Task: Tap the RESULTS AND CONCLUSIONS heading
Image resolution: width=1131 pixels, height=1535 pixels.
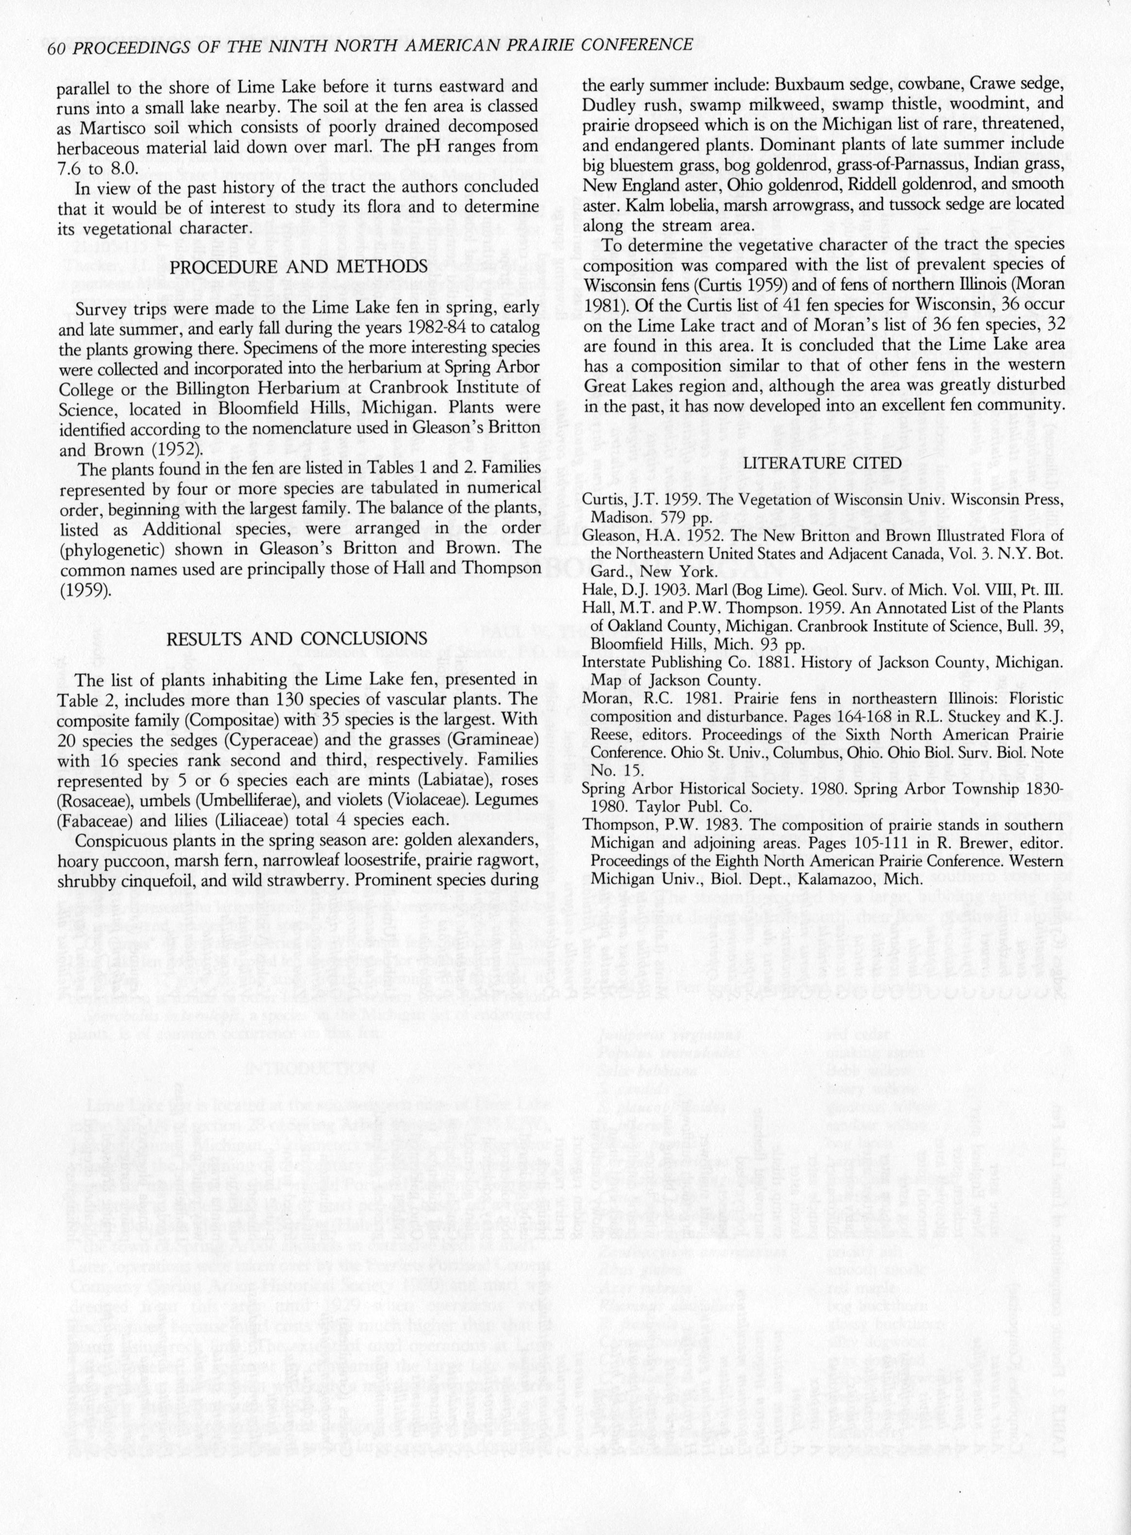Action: [298, 638]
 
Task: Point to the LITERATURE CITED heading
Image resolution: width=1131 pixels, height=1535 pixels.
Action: [822, 463]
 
